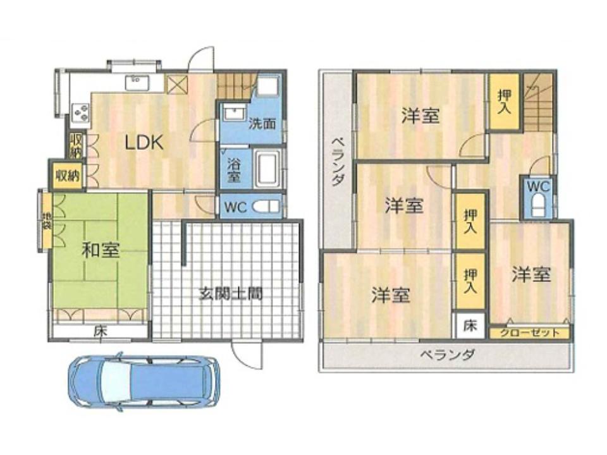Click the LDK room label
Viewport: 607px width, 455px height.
click(144, 143)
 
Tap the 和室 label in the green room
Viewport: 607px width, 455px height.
click(101, 251)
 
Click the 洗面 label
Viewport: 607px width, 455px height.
click(262, 124)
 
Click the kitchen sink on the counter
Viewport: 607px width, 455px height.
click(135, 82)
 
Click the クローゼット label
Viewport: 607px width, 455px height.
click(530, 333)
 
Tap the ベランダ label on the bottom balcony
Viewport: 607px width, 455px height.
click(447, 355)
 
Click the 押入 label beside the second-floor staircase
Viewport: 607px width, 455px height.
click(504, 102)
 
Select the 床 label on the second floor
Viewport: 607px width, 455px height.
click(470, 325)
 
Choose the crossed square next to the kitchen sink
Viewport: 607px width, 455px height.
click(177, 85)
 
